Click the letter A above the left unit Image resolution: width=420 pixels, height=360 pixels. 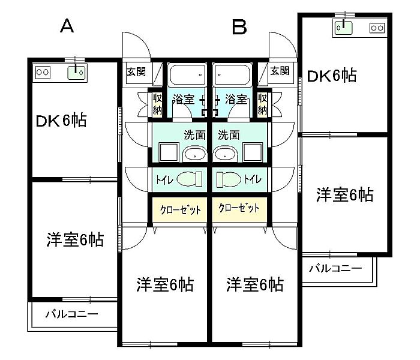[x=67, y=26]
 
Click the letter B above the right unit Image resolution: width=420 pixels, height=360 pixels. [x=239, y=26]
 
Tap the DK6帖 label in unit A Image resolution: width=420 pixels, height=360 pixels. [x=61, y=121]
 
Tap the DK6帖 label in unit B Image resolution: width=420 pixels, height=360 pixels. [x=332, y=76]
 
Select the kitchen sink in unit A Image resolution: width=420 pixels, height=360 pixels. [x=76, y=73]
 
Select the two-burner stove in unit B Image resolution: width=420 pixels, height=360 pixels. [x=377, y=28]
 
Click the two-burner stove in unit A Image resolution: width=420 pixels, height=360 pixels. [x=43, y=73]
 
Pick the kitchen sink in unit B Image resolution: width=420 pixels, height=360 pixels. [x=343, y=26]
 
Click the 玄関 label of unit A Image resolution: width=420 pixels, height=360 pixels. [x=136, y=71]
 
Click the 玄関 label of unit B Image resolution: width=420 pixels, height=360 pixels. [x=279, y=71]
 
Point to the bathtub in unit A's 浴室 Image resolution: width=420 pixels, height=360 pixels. [x=187, y=76]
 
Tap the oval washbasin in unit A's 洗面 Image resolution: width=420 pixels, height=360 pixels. [x=193, y=154]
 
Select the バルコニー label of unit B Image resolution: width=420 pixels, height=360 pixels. [x=336, y=268]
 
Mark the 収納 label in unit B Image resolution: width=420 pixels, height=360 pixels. [x=262, y=104]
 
